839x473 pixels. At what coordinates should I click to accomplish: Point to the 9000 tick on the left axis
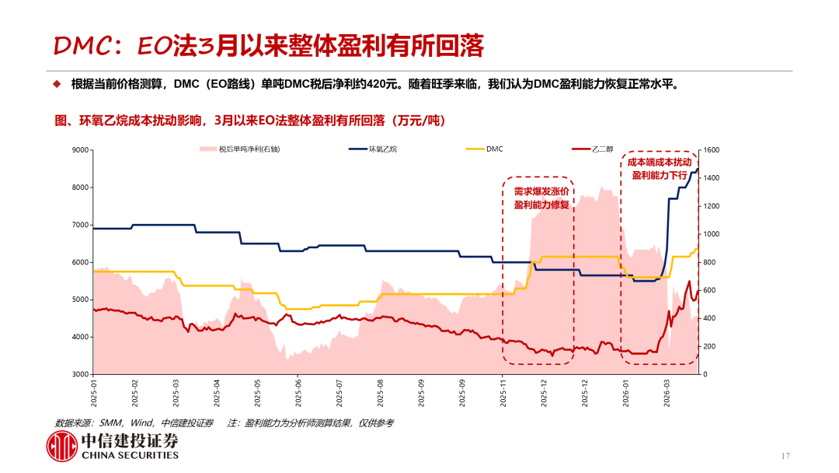click(x=79, y=150)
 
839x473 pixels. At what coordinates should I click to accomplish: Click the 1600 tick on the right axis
click(x=712, y=150)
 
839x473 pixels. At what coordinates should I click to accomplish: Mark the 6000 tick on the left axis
click(x=79, y=262)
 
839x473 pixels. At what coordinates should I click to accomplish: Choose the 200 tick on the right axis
click(x=710, y=346)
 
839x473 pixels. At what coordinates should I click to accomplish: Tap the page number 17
click(x=785, y=455)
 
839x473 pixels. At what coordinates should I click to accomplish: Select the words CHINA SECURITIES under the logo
click(x=130, y=456)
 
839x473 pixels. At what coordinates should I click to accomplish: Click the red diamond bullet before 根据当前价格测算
click(x=56, y=84)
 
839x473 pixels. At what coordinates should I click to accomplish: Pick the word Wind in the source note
click(x=142, y=423)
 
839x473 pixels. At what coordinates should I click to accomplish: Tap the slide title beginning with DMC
click(x=268, y=47)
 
